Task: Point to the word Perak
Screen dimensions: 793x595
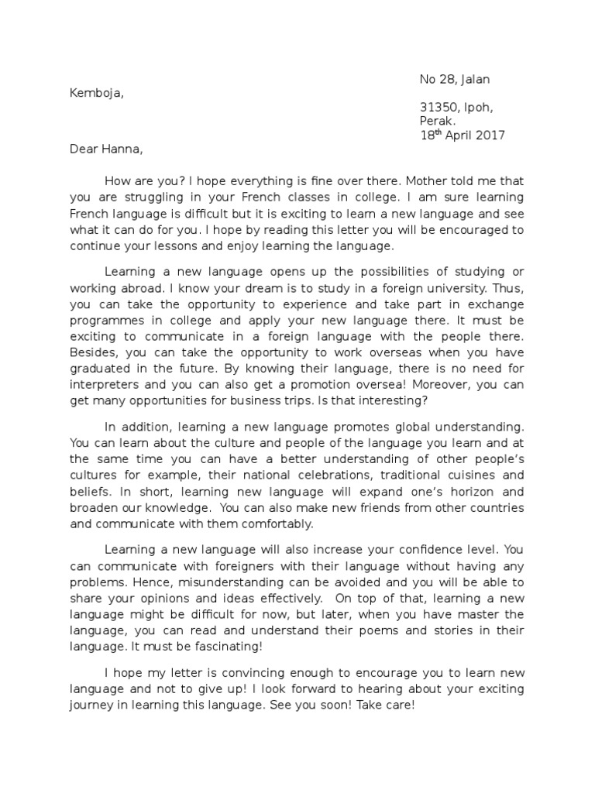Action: pyautogui.click(x=438, y=121)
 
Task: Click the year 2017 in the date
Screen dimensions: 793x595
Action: pyautogui.click(x=488, y=136)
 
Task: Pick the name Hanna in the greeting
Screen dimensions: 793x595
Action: pyautogui.click(x=122, y=149)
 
